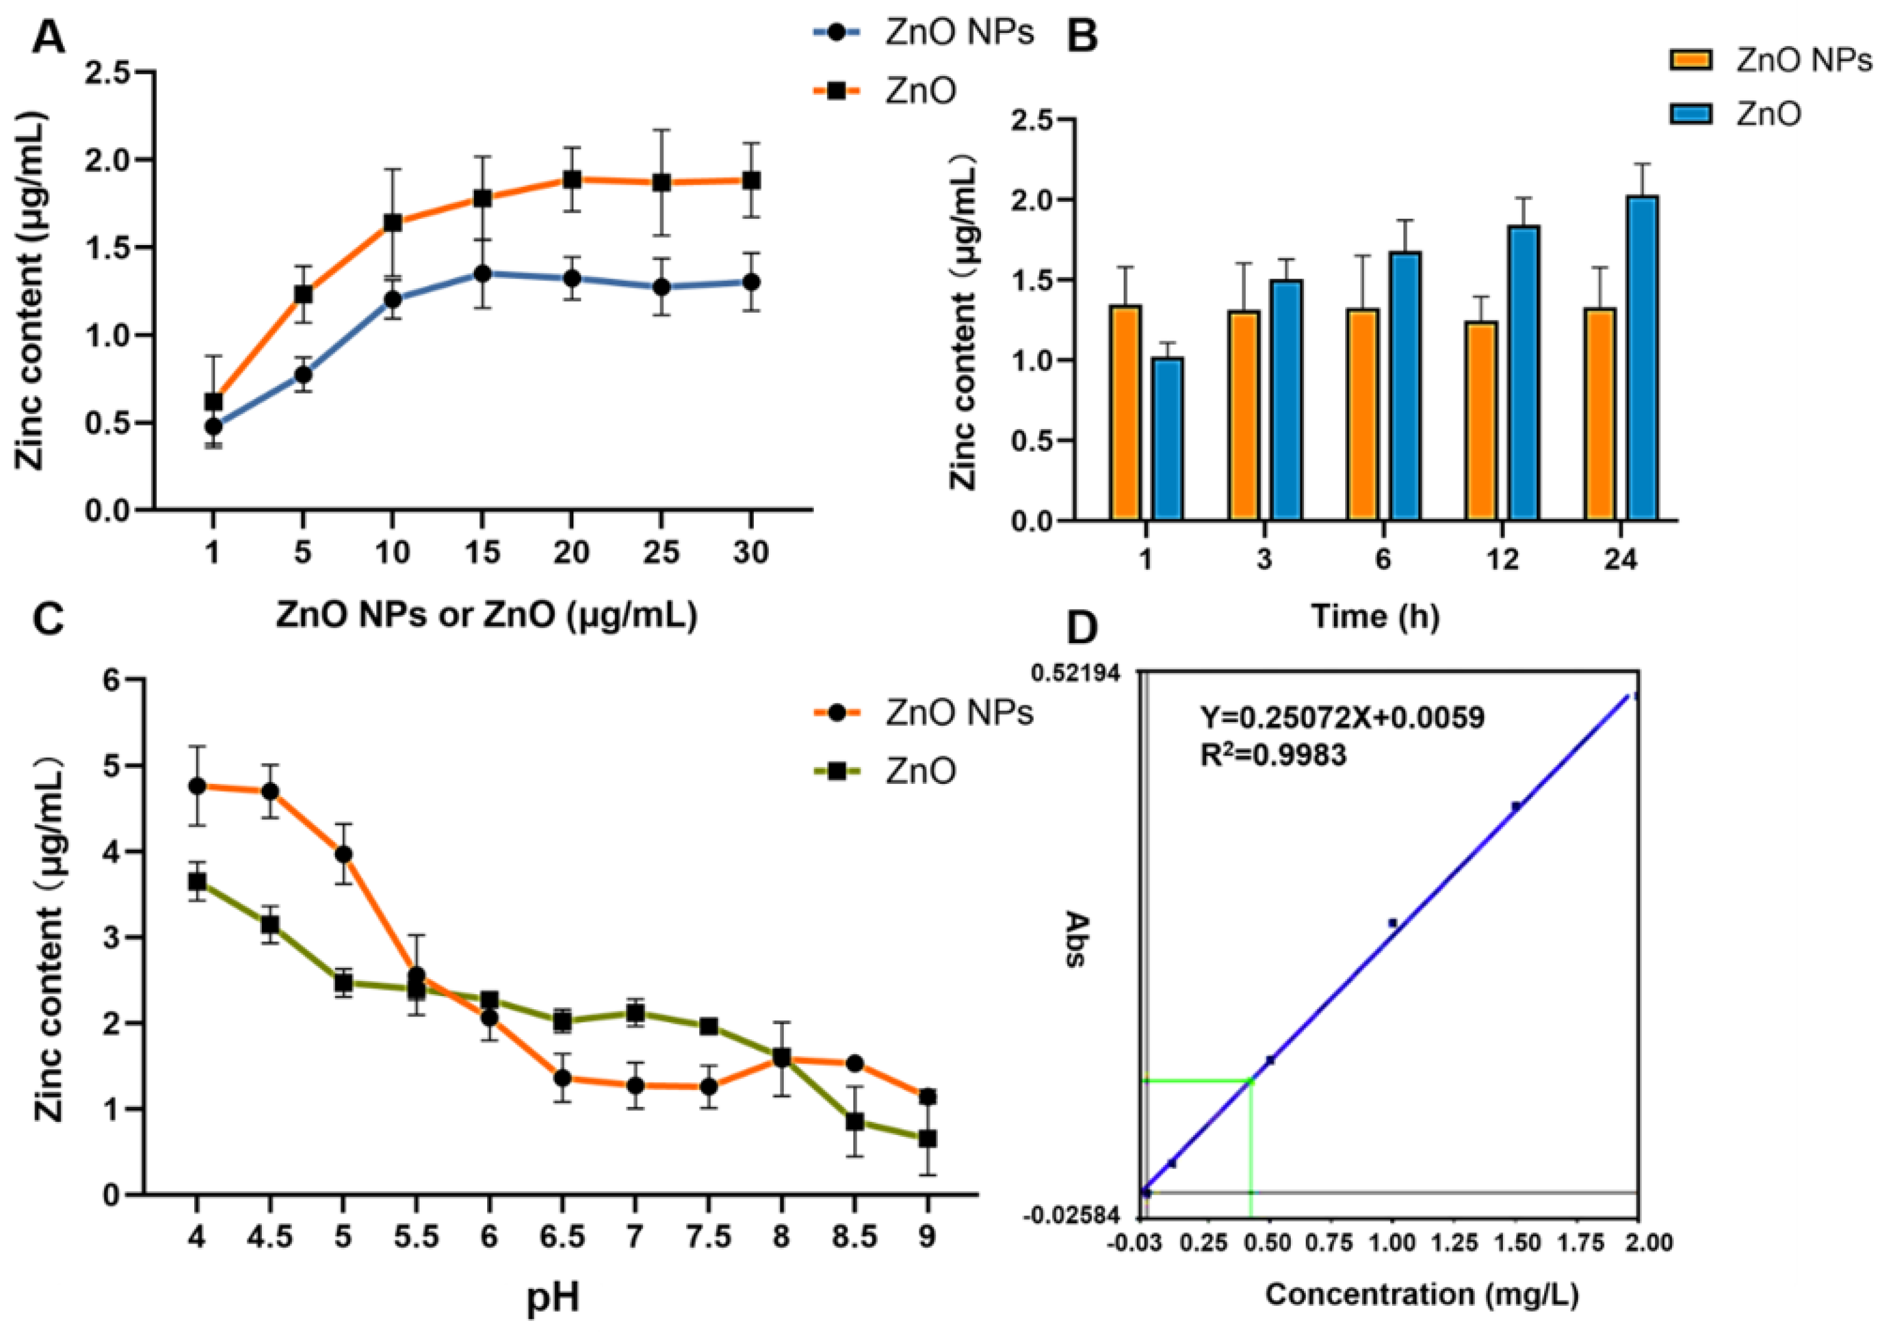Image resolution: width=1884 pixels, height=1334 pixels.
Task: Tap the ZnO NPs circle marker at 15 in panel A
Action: pos(482,273)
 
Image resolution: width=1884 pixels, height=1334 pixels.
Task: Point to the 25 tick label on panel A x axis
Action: pos(660,553)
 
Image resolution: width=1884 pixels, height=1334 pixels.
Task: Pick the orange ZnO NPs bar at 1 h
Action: pos(1125,412)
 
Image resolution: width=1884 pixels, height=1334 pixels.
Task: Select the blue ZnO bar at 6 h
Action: pos(1405,386)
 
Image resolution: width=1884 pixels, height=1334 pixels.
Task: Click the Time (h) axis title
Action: pos(1375,615)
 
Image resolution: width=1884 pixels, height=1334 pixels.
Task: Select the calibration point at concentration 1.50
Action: pos(1516,806)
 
